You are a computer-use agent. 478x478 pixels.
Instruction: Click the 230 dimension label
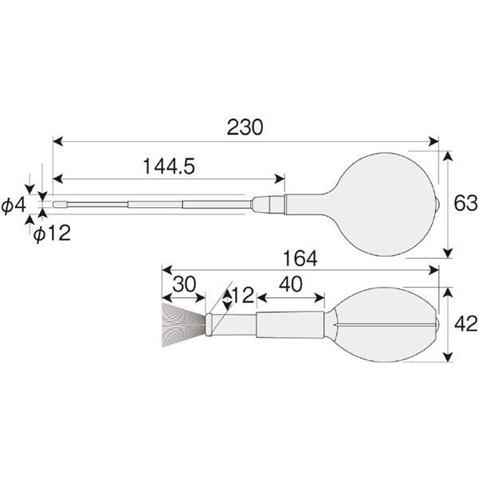(245, 127)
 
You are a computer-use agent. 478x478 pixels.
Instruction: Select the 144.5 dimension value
(169, 167)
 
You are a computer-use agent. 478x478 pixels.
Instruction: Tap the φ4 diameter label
(13, 206)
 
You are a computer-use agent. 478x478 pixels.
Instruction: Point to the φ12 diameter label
(52, 233)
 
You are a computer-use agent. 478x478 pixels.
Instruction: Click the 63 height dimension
(465, 203)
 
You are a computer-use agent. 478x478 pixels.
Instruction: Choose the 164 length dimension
(300, 258)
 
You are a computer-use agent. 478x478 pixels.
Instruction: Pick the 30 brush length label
(184, 284)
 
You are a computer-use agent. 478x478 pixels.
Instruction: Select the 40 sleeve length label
(291, 284)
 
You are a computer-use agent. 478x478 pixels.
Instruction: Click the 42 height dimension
(466, 323)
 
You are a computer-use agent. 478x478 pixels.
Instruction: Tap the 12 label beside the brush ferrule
(243, 295)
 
